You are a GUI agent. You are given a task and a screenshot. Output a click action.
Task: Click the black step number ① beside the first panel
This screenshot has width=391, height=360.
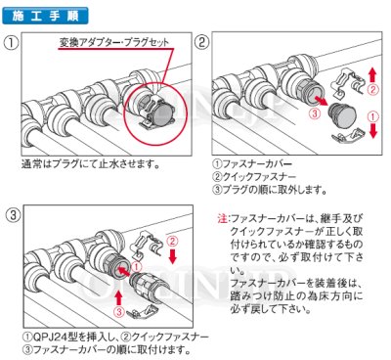pos(11,43)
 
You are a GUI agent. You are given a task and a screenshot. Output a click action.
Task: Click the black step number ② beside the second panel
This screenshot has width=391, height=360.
pos(201,43)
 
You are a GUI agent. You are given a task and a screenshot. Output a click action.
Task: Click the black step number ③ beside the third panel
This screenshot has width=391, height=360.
pos(11,213)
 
